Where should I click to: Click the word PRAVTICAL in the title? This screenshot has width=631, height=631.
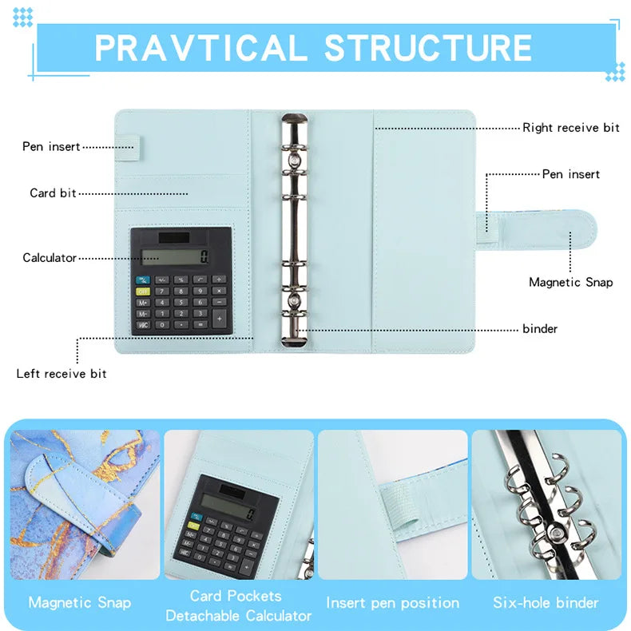[200, 47]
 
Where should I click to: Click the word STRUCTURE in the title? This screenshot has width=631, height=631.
[428, 47]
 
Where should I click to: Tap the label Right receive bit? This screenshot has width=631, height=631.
[571, 128]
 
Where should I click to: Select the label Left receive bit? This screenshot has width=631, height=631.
[62, 374]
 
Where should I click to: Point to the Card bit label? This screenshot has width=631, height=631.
[54, 193]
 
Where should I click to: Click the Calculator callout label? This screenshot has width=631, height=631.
[50, 258]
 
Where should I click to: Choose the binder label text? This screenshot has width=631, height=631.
[540, 329]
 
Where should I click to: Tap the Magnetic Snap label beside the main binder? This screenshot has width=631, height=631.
[571, 282]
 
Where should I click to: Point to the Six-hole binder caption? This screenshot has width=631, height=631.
[546, 602]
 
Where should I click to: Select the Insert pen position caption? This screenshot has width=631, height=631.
[392, 602]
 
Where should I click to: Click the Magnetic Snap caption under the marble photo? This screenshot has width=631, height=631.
[80, 602]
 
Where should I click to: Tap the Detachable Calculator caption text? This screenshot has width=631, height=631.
[239, 616]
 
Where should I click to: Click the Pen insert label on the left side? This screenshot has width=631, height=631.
[51, 147]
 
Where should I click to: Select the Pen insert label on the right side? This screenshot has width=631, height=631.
[571, 174]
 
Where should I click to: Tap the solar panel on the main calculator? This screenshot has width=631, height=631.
[174, 238]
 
